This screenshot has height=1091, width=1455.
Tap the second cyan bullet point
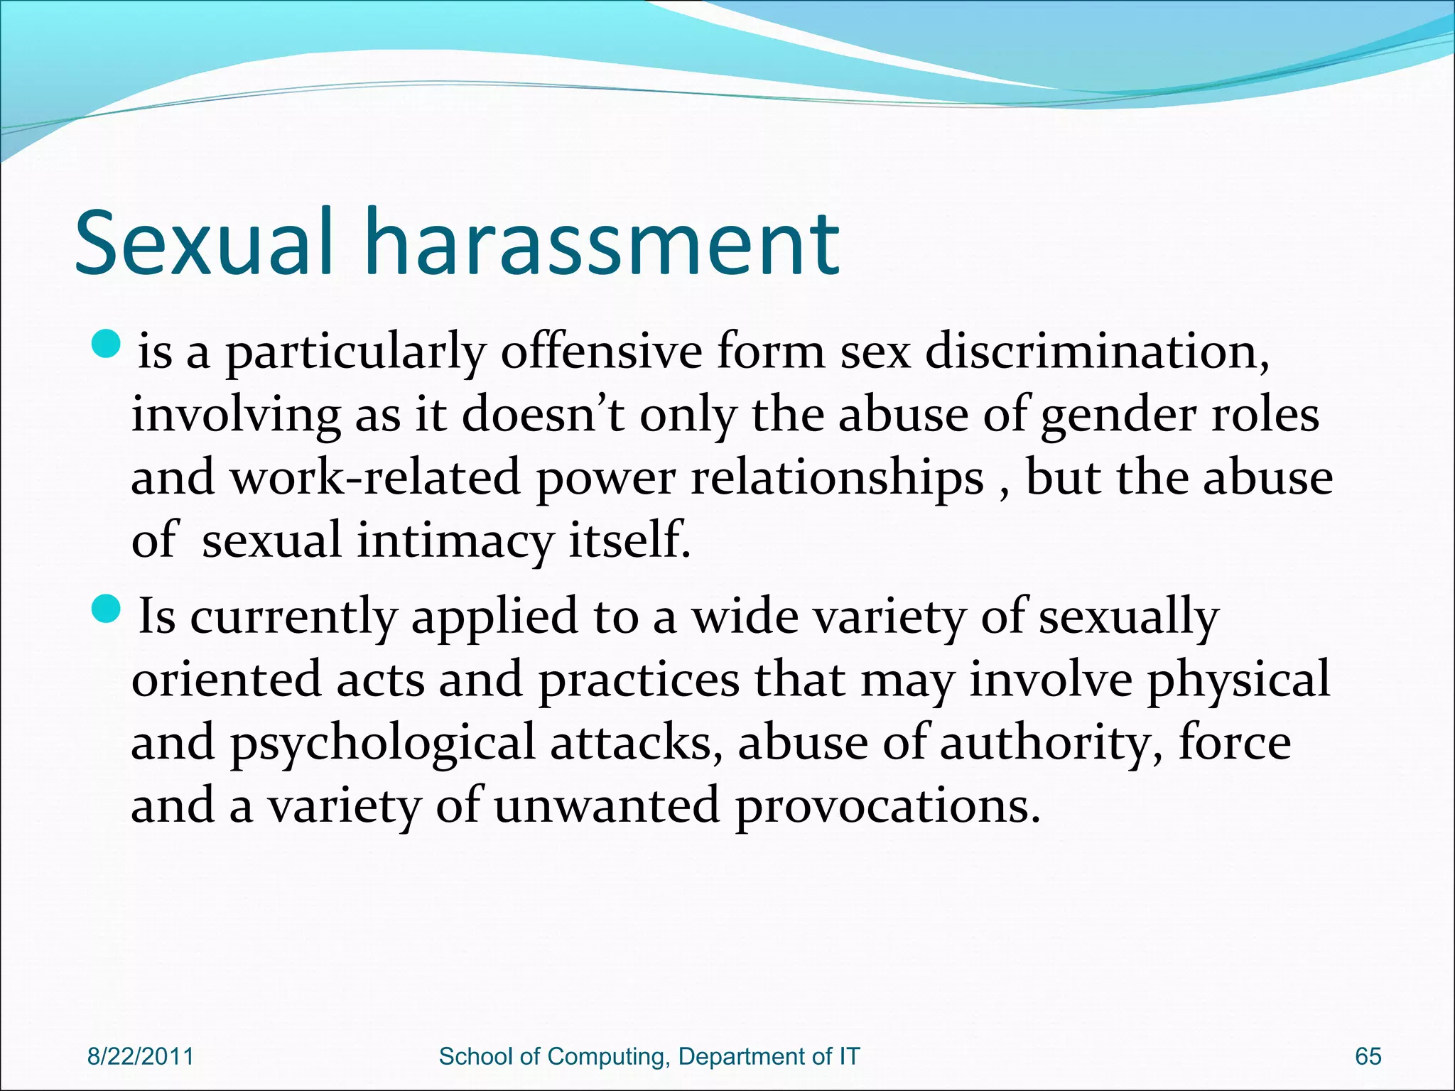point(108,607)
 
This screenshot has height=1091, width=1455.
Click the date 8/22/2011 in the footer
point(140,1056)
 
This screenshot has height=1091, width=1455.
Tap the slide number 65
point(1368,1056)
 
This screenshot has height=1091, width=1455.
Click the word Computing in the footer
point(607,1057)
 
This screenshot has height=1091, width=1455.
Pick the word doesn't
point(543,415)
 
